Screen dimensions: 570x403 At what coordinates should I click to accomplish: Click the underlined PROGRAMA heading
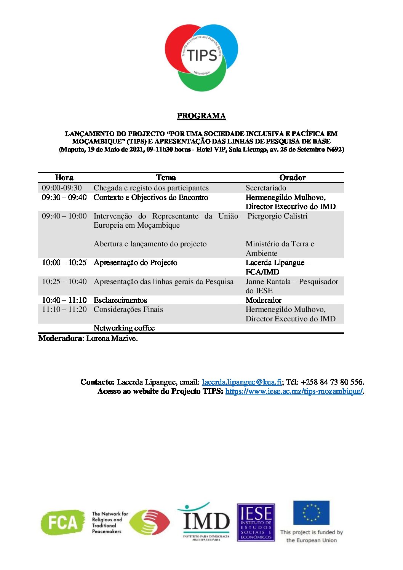pyautogui.click(x=201, y=116)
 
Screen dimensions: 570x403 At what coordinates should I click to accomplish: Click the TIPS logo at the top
pyautogui.click(x=201, y=57)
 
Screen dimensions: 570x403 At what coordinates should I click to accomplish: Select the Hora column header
pyautogui.click(x=64, y=177)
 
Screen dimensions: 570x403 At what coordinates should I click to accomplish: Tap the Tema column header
pyautogui.click(x=166, y=177)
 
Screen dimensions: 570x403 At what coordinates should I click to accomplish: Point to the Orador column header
pyautogui.click(x=293, y=177)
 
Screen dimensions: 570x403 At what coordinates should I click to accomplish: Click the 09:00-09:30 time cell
pyautogui.click(x=62, y=188)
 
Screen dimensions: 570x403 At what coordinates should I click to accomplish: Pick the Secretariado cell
pyautogui.click(x=266, y=188)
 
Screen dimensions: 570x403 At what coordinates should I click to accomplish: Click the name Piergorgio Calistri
pyautogui.click(x=277, y=216)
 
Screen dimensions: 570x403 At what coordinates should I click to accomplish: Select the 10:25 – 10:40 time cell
pyautogui.click(x=64, y=281)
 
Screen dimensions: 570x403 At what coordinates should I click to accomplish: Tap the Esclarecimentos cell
pyautogui.click(x=120, y=300)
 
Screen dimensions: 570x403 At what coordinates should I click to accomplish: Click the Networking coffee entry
pyautogui.click(x=124, y=328)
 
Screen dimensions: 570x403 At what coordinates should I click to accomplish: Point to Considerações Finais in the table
pyautogui.click(x=128, y=309)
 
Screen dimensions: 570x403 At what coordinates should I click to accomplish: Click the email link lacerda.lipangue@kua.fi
pyautogui.click(x=242, y=382)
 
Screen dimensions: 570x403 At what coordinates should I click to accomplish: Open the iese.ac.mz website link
pyautogui.click(x=294, y=391)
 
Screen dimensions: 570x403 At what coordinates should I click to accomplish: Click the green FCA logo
pyautogui.click(x=63, y=522)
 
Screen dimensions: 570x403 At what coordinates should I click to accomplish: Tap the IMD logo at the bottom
pyautogui.click(x=206, y=522)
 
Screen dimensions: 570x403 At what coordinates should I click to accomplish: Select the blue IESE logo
pyautogui.click(x=256, y=522)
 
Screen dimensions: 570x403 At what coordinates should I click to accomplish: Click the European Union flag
pyautogui.click(x=311, y=513)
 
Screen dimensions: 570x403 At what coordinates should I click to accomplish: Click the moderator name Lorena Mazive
pyautogui.click(x=112, y=338)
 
